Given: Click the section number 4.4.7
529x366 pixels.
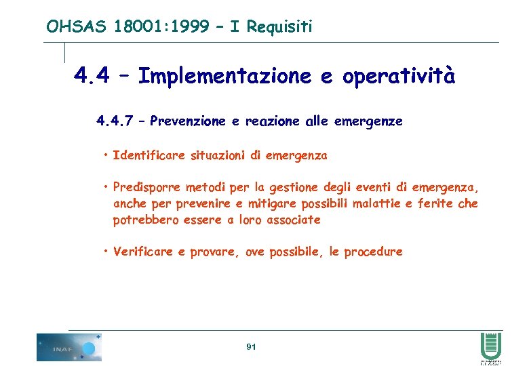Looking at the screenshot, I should click(117, 121).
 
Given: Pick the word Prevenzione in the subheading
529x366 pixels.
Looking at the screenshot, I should click(189, 121).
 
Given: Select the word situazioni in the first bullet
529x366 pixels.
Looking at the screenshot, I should click(214, 156).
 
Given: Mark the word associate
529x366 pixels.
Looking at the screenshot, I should click(294, 220).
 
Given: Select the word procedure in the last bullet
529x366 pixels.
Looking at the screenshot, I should click(373, 252).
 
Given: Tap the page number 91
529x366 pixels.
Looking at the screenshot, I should click(251, 347).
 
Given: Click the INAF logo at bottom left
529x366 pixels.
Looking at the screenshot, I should click(68, 347).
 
